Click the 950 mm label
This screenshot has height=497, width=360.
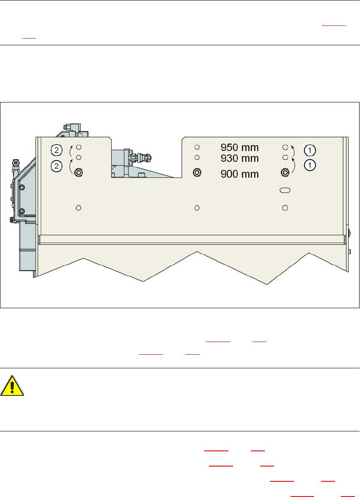click(x=239, y=148)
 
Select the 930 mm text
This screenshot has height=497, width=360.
click(x=239, y=158)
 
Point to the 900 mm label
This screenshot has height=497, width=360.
click(x=239, y=174)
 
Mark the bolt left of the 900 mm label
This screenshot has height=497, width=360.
click(x=197, y=172)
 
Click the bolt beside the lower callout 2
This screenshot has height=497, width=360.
click(x=78, y=172)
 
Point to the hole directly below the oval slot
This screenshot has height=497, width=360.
click(x=286, y=207)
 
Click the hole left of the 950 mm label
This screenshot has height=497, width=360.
click(x=197, y=147)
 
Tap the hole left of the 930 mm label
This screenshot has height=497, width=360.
click(x=197, y=157)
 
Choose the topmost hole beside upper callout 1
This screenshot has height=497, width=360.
click(x=285, y=147)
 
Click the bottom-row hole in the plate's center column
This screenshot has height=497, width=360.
click(x=197, y=207)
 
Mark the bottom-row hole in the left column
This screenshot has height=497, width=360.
click(x=78, y=207)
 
